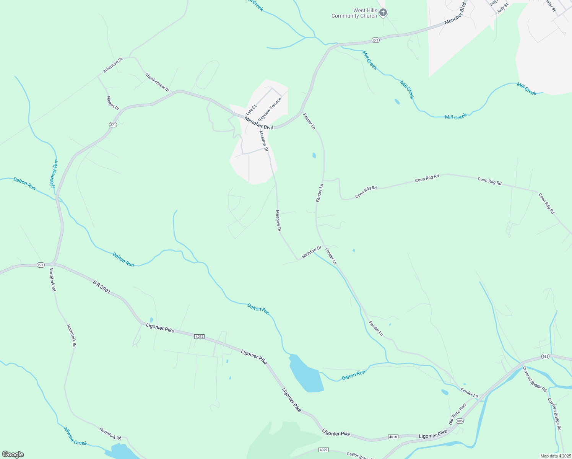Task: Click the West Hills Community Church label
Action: (354, 13)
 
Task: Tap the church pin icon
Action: (383, 13)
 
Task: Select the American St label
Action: (112, 65)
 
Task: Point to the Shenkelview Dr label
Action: (157, 82)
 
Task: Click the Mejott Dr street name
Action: (113, 103)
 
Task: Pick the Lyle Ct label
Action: (251, 110)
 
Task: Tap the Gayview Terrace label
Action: (270, 109)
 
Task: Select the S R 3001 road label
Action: (102, 287)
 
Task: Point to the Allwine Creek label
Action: (75, 436)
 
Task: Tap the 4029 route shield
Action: (323, 450)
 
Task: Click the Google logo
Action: (13, 454)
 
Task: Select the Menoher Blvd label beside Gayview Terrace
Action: (259, 123)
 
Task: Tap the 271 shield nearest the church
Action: (375, 40)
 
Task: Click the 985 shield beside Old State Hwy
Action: (460, 421)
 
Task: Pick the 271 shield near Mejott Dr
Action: (112, 125)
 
